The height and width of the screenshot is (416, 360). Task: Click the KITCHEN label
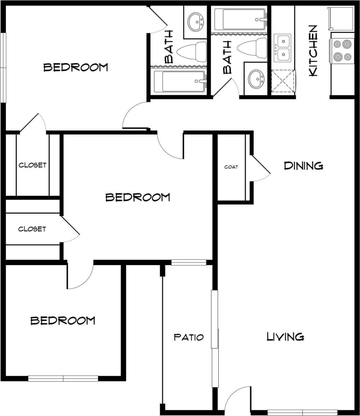pyautogui.click(x=313, y=51)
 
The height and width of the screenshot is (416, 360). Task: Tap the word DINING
pyautogui.click(x=303, y=166)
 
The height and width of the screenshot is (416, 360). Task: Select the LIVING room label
pyautogui.click(x=285, y=337)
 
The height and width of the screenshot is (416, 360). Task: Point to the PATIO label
pyautogui.click(x=188, y=338)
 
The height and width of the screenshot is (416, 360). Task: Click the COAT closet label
pyautogui.click(x=231, y=167)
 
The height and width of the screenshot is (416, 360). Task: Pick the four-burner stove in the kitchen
pyautogui.click(x=342, y=50)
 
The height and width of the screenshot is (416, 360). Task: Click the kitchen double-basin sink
pyautogui.click(x=282, y=48)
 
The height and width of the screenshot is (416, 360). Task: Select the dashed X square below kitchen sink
pyautogui.click(x=283, y=81)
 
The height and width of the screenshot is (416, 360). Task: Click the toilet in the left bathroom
pyautogui.click(x=192, y=52)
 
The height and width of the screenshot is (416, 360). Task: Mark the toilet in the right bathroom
pyautogui.click(x=253, y=47)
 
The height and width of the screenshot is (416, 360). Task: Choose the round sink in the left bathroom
pyautogui.click(x=196, y=21)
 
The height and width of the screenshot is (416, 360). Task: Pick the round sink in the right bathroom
pyautogui.click(x=256, y=79)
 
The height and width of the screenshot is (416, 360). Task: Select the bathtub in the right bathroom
pyautogui.click(x=240, y=19)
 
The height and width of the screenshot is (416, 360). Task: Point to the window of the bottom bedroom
pyautogui.click(x=63, y=378)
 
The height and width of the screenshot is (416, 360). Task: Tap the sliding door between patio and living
pyautogui.click(x=215, y=338)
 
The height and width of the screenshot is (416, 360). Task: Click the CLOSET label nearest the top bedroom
pyautogui.click(x=32, y=165)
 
